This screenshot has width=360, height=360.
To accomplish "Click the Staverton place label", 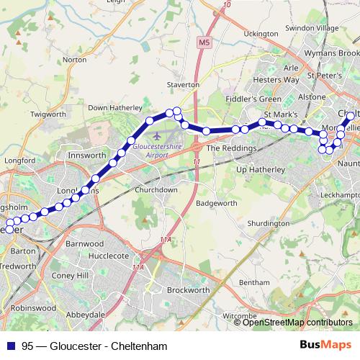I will [x=183, y=84].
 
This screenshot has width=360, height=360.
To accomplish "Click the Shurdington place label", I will [x=268, y=224].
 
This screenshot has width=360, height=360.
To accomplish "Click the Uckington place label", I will [x=261, y=34].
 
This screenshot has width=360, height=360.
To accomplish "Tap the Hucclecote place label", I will [x=108, y=256].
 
